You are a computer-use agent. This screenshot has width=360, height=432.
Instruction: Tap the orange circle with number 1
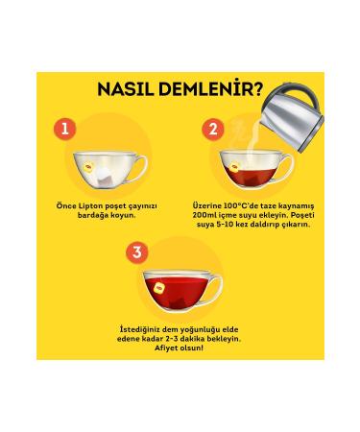[62, 127]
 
